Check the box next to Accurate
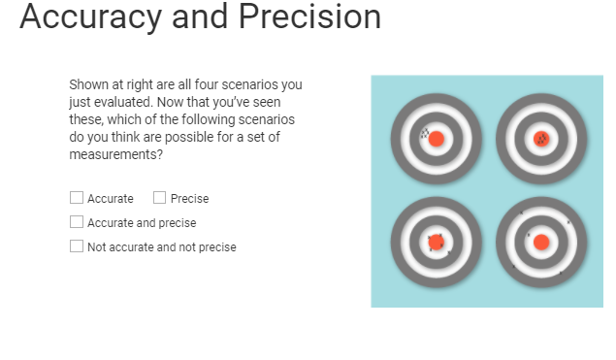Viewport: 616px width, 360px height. pos(77,198)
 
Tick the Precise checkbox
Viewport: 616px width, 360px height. pos(159,198)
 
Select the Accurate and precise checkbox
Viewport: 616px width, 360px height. pos(77,222)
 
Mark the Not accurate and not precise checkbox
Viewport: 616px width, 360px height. pos(77,246)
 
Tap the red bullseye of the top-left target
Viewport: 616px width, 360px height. pos(437,139)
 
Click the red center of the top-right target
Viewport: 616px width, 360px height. pos(541,139)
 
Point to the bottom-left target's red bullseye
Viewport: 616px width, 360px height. pos(437,242)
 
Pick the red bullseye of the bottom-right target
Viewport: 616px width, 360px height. pos(541,242)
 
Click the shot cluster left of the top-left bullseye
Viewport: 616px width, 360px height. pos(424,134)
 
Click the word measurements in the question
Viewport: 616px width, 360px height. pos(113,154)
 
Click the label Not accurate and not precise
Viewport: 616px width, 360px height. pos(161,247)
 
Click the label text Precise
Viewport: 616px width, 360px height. pos(189,199)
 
